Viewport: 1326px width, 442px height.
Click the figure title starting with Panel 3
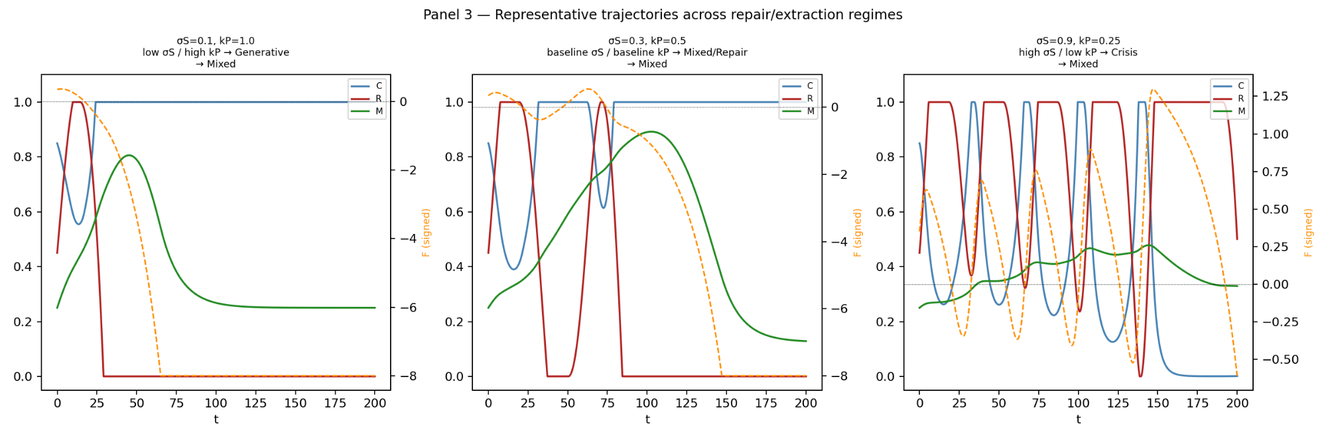pos(663,15)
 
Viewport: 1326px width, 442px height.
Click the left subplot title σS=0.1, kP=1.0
pos(216,41)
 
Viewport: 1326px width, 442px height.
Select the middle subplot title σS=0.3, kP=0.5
pos(647,41)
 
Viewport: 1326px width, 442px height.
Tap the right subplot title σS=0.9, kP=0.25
pos(1078,41)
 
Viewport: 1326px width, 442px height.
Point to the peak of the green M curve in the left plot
pos(129,156)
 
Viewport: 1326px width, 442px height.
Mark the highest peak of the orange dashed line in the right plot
pos(1153,89)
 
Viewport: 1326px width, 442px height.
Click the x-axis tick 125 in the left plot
pos(255,403)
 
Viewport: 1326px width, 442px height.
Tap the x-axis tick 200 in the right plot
pos(1237,403)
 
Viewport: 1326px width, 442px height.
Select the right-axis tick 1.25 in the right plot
pos(1275,96)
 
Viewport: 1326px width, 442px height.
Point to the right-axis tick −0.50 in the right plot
pos(1275,359)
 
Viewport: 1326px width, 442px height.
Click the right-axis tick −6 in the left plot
pos(403,307)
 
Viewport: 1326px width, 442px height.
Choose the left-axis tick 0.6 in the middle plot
pos(454,212)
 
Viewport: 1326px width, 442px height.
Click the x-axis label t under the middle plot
pos(647,419)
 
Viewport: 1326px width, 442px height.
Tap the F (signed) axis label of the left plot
pos(426,233)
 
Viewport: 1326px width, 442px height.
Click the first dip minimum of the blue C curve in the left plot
pos(79,224)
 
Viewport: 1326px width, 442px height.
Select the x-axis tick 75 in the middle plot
pos(607,403)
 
